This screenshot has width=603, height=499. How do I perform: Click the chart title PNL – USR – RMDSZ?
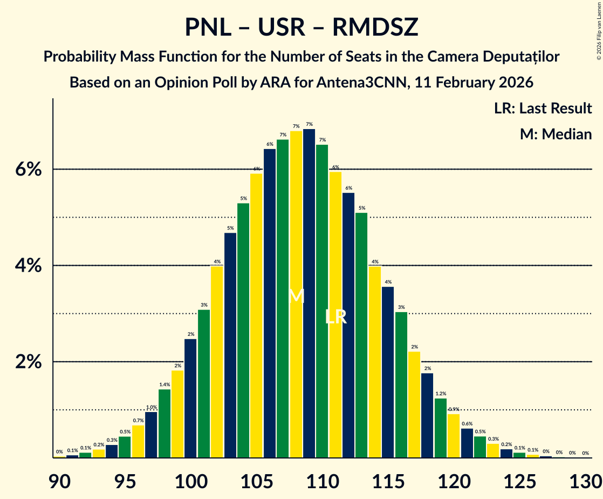[x=301, y=27]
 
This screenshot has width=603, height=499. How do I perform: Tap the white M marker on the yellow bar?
[x=296, y=296]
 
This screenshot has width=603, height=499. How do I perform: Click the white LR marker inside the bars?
[x=335, y=317]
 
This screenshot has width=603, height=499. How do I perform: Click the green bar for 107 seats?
[x=283, y=297]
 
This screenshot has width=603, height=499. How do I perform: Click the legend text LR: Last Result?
[x=543, y=109]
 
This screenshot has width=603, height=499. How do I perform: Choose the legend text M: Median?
[x=556, y=134]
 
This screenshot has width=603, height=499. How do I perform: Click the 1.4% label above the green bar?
[x=165, y=385]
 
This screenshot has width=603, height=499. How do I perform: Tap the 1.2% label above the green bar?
[x=441, y=394]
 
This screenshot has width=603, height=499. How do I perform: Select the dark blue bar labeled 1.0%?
[x=151, y=435]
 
